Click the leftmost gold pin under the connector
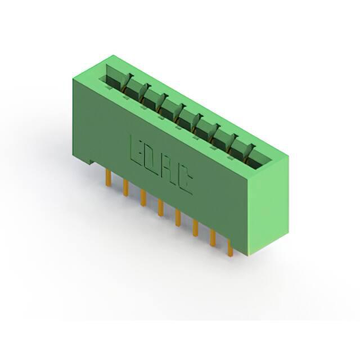pyautogui.click(x=109, y=178)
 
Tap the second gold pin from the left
pyautogui.click(x=125, y=187)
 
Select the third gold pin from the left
pyautogui.click(x=143, y=197)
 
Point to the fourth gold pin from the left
pyautogui.click(x=160, y=208)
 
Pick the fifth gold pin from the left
pyautogui.click(x=178, y=218)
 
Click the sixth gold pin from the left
pyautogui.click(x=195, y=228)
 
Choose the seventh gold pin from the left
pyautogui.click(x=213, y=238)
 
